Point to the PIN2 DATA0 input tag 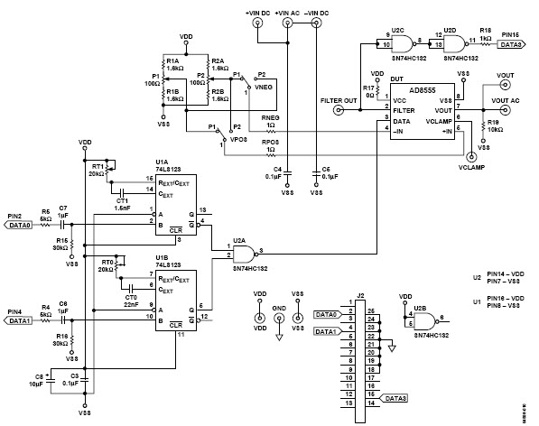point(18,227)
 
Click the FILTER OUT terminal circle point(339,112)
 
